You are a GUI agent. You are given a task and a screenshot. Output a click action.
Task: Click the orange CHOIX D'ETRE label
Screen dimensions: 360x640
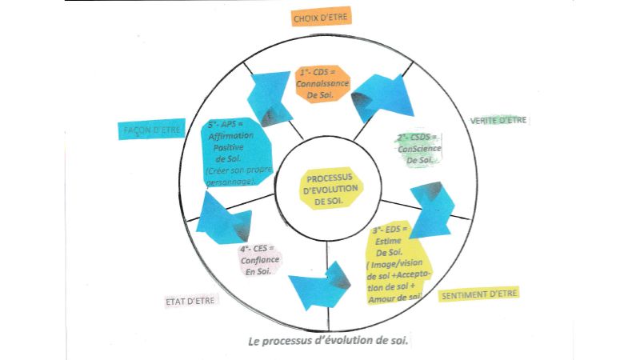coord(321,17)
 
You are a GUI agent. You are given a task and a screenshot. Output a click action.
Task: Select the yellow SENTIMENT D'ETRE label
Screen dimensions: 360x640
coord(479,294)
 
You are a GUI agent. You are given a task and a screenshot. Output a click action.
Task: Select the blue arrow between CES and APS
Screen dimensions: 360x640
coord(220,218)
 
